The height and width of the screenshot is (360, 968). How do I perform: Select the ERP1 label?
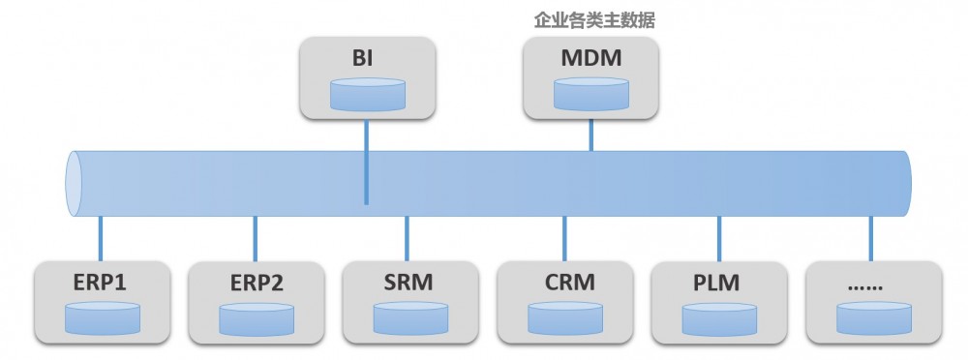[x=101, y=284]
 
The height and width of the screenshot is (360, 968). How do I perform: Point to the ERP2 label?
[x=256, y=284]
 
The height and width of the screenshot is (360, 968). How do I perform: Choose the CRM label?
[x=563, y=284]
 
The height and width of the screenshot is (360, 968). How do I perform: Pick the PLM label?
[x=717, y=284]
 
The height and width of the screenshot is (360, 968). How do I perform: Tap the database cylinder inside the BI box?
[x=367, y=95]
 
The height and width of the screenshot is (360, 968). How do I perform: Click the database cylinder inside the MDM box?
[x=590, y=95]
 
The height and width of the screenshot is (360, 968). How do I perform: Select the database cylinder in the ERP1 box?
[x=103, y=318]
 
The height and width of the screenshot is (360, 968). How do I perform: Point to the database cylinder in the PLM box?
[x=718, y=318]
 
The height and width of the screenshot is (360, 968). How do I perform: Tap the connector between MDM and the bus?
[x=590, y=135]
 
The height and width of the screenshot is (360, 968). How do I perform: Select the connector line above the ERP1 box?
[x=101, y=238]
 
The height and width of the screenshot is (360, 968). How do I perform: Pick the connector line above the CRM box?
[x=564, y=238]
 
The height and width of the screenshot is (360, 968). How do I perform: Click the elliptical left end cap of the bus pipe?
[x=72, y=184]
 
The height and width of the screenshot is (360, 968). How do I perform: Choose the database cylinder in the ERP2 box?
[x=257, y=318]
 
